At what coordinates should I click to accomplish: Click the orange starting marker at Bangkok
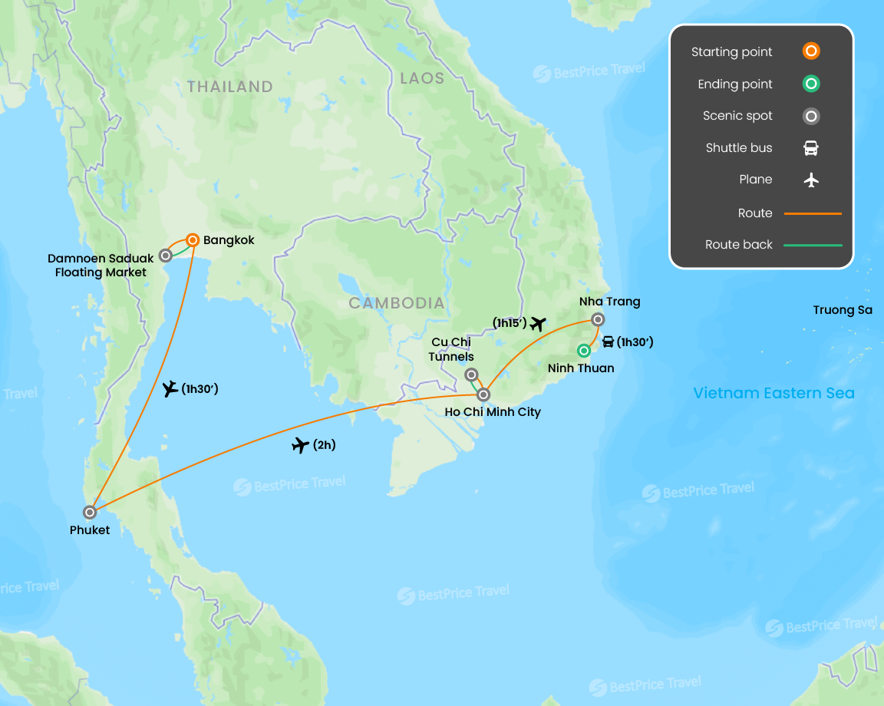[193, 240]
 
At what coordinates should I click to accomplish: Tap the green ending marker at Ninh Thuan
[584, 351]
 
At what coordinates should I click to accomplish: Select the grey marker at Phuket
[90, 512]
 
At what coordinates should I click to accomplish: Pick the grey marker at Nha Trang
[598, 319]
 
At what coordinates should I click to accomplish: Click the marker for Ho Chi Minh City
[483, 394]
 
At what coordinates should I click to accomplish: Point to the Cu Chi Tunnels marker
[471, 374]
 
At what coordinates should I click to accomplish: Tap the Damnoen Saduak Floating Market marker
[165, 256]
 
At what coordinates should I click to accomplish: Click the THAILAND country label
[230, 87]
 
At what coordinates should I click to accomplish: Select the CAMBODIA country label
[397, 303]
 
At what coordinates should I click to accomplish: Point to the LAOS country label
[422, 78]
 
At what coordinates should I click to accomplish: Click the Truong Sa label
[843, 311]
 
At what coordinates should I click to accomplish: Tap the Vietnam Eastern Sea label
[773, 394]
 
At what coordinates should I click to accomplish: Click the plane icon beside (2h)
[301, 445]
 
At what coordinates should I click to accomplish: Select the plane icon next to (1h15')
[538, 324]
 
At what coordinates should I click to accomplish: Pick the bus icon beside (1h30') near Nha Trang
[608, 342]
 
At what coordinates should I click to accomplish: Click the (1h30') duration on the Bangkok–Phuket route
[200, 389]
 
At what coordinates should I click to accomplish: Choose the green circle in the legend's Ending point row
[811, 84]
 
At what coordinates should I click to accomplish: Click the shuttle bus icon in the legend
[811, 148]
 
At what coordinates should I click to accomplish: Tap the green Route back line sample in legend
[813, 246]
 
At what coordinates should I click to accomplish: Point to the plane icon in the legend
[811, 180]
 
